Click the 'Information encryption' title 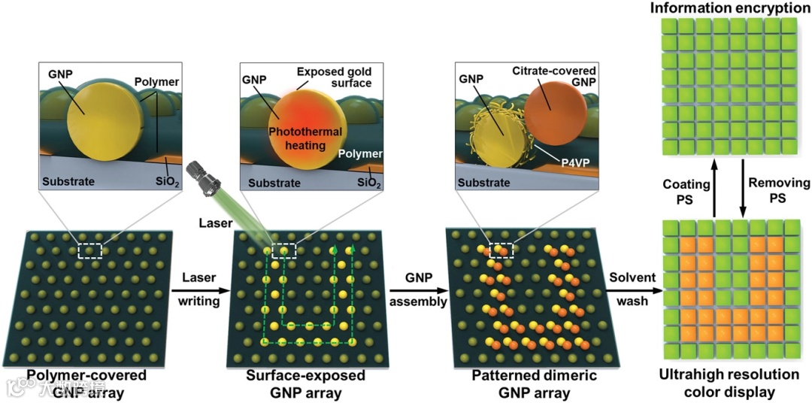(x=726, y=8)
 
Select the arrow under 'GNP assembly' (x=419, y=289)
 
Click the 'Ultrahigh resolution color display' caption (x=724, y=383)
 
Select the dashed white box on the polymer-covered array (x=89, y=250)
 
